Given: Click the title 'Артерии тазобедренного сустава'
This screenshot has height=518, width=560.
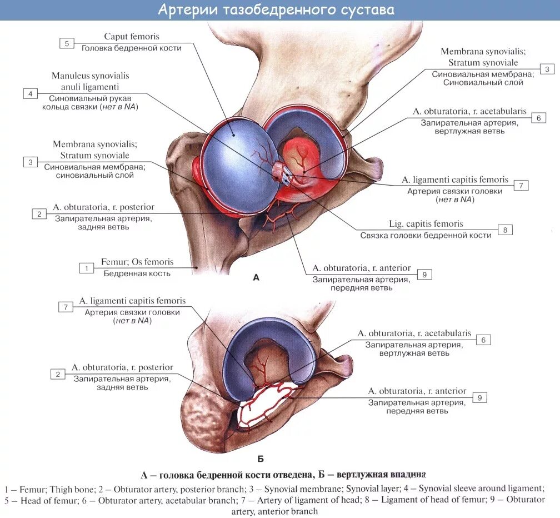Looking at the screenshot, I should [276, 10].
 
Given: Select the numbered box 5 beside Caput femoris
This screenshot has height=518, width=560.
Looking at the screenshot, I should [66, 43].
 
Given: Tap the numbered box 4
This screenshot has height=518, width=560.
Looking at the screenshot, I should [31, 93].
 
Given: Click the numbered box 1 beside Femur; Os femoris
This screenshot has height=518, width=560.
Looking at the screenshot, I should [86, 268].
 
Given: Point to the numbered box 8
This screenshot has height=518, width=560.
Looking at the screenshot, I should [505, 230].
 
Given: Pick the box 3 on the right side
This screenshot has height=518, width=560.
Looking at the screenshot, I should [547, 69].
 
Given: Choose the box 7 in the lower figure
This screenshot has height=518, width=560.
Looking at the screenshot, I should [66, 307].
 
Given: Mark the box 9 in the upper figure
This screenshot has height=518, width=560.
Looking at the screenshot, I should [424, 274].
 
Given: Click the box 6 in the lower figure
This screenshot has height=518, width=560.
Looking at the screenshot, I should [483, 340].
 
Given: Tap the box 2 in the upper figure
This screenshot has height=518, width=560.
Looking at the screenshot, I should [39, 213].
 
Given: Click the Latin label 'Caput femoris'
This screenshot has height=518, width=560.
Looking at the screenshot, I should [132, 37].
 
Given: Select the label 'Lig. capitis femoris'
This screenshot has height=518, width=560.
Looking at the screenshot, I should [426, 224].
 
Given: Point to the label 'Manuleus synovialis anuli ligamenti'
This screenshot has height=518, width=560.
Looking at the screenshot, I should [91, 81].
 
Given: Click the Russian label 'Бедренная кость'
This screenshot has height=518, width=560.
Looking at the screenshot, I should [137, 273].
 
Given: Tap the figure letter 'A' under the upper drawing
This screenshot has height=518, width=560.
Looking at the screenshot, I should [256, 277].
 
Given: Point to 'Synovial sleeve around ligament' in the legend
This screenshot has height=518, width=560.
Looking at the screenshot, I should [480, 489].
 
